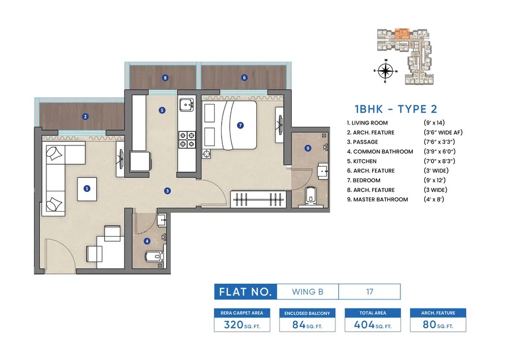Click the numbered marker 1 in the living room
point(87,189)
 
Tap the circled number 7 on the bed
point(240,125)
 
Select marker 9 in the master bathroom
point(308,148)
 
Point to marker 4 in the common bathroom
point(147,241)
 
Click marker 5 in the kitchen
point(162,110)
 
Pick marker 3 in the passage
point(167,191)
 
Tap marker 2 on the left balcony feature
point(85,117)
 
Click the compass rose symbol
point(386,71)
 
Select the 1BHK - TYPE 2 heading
point(396,109)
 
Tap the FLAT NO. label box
point(245,292)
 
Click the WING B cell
point(308,292)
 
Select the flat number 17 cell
point(369,292)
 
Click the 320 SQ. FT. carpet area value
point(242,325)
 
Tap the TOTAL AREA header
point(373,312)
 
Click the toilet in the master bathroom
point(310,196)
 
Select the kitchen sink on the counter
point(186,106)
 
